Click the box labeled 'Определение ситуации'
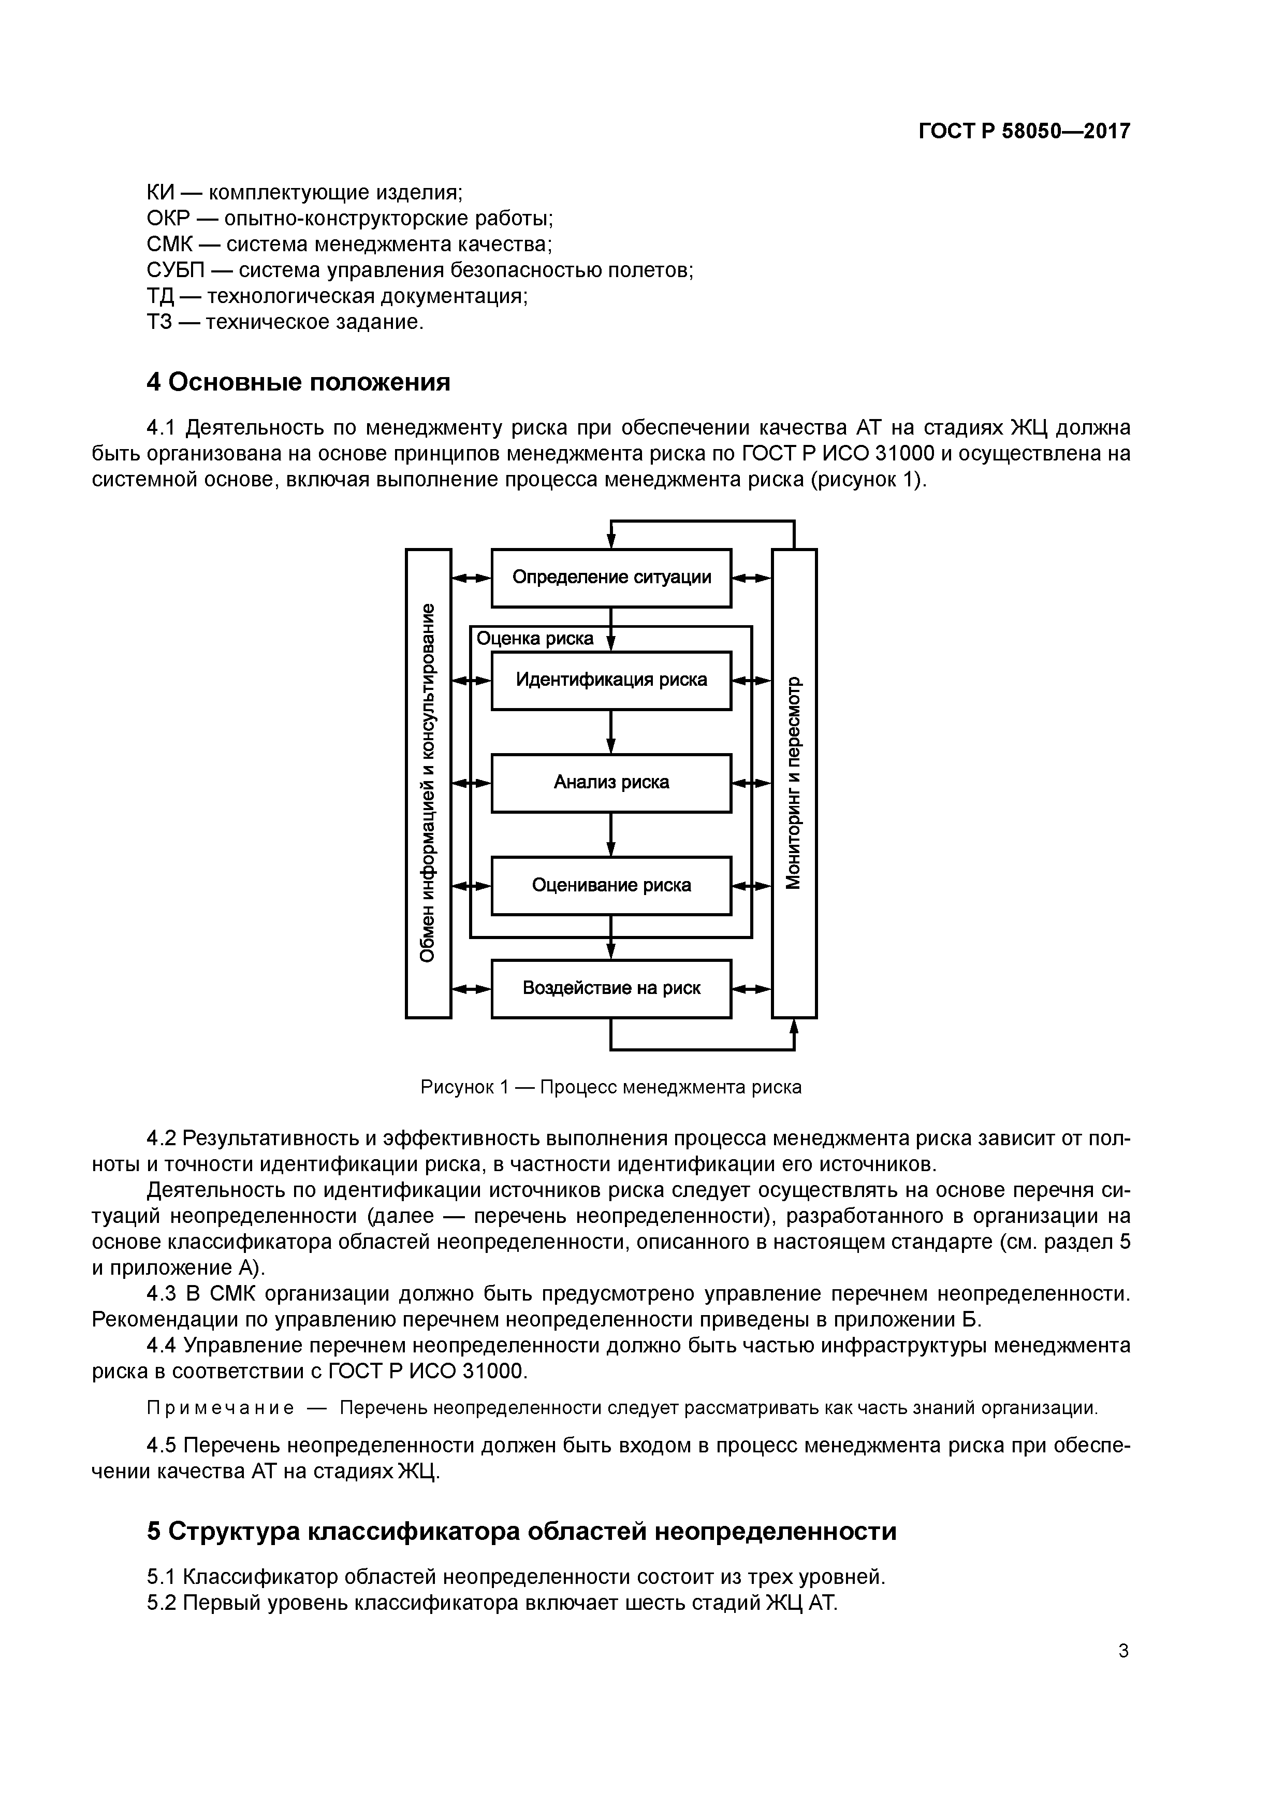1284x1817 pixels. [x=611, y=578]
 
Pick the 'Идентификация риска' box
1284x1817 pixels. [x=611, y=680]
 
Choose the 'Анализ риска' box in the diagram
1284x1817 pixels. [x=611, y=783]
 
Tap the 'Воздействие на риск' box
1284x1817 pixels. [x=611, y=988]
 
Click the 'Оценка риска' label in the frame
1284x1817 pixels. [x=535, y=639]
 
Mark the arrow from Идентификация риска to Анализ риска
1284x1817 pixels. [x=611, y=732]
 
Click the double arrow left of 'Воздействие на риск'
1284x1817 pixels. [x=472, y=988]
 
